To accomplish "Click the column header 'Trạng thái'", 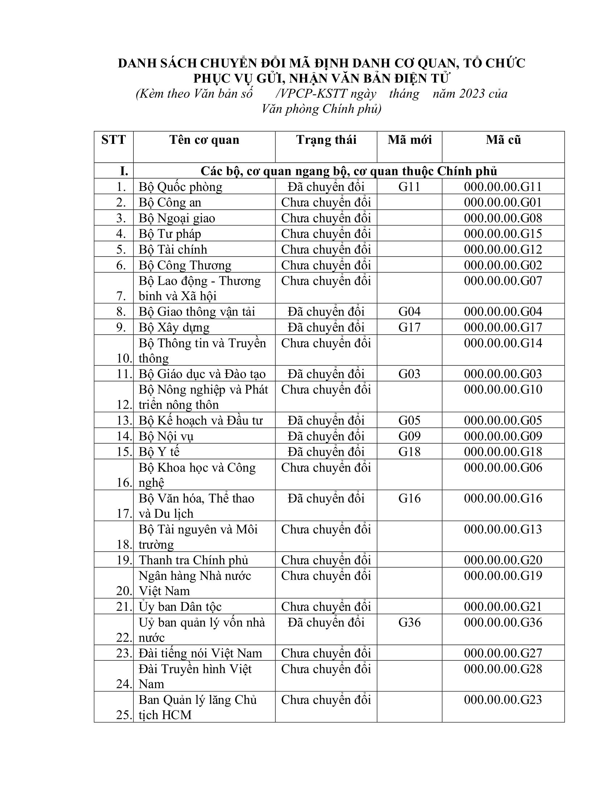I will click(326, 140).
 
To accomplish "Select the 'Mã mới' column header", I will click(409, 140).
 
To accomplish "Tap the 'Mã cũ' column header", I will click(503, 140).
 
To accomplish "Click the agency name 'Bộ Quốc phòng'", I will click(180, 187).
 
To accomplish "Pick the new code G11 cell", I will click(409, 187).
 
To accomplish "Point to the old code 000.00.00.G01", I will click(503, 203).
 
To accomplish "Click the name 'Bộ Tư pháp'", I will click(170, 234).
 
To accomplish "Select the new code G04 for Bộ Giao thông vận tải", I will click(409, 312).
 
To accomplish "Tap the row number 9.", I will click(121, 327).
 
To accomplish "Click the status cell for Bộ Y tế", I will click(326, 452).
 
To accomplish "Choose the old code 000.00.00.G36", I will click(503, 622).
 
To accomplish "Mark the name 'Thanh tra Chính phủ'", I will click(193, 560).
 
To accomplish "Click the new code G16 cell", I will click(409, 498).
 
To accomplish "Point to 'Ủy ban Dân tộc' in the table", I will click(180, 607).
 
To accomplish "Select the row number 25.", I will click(124, 715).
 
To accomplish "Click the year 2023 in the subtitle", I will click(472, 94).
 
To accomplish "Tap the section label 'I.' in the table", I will click(124, 171).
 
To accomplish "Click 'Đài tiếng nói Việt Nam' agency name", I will click(200, 653).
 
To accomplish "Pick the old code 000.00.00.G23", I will click(503, 700).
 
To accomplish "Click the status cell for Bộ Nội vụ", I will click(326, 436).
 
